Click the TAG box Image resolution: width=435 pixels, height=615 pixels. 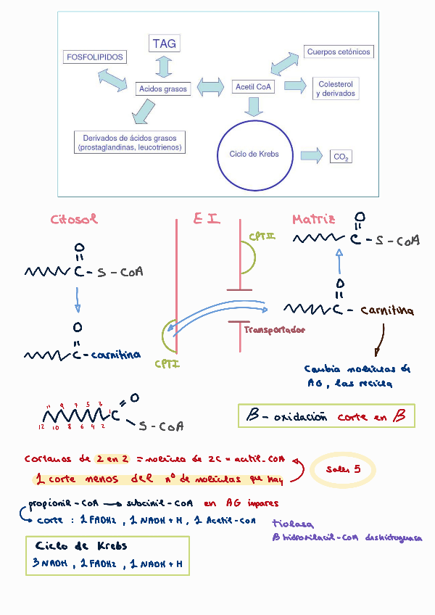pos(164,44)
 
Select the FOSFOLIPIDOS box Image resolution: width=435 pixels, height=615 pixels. pos(95,57)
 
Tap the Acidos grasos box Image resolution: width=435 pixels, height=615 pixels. pos(162,89)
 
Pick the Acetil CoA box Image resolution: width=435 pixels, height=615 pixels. pos(253,87)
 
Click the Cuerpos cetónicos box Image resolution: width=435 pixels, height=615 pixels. pos(339,52)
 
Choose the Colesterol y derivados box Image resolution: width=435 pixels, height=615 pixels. pos(336,89)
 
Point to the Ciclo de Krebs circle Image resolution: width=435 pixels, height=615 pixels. pos(249,154)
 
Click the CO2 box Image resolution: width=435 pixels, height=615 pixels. pos(341,157)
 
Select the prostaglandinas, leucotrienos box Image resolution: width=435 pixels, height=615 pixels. pos(130,142)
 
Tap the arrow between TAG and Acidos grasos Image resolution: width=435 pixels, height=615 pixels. pos(164,66)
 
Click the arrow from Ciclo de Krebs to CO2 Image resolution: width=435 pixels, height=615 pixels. pos(311,155)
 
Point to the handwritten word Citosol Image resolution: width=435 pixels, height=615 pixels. pos(74,219)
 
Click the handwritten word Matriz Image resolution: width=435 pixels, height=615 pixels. pos(313,219)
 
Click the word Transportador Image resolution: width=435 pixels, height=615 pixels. pos(274,330)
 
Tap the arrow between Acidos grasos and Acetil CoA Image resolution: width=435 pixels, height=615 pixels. pos(210,87)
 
